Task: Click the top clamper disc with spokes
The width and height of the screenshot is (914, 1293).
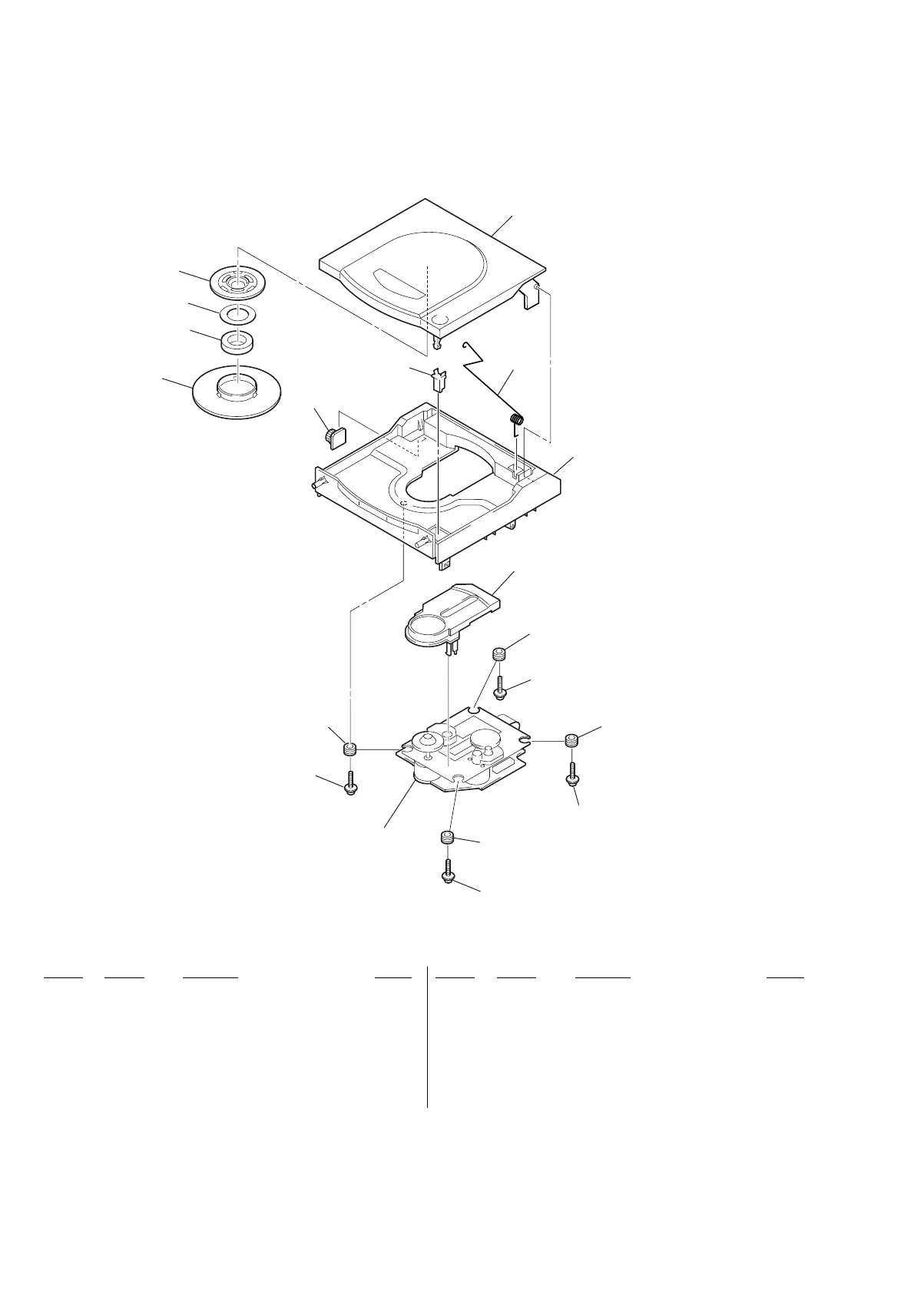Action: pos(237,283)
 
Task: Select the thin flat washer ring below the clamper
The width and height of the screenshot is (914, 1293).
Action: pos(237,313)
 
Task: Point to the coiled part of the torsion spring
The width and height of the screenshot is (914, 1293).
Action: pos(518,420)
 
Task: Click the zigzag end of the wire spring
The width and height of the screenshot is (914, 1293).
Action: pos(472,354)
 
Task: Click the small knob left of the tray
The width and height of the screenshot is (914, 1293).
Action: pos(335,436)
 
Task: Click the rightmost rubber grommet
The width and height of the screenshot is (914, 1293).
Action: pos(571,742)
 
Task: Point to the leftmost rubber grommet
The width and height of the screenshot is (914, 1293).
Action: pos(350,749)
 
